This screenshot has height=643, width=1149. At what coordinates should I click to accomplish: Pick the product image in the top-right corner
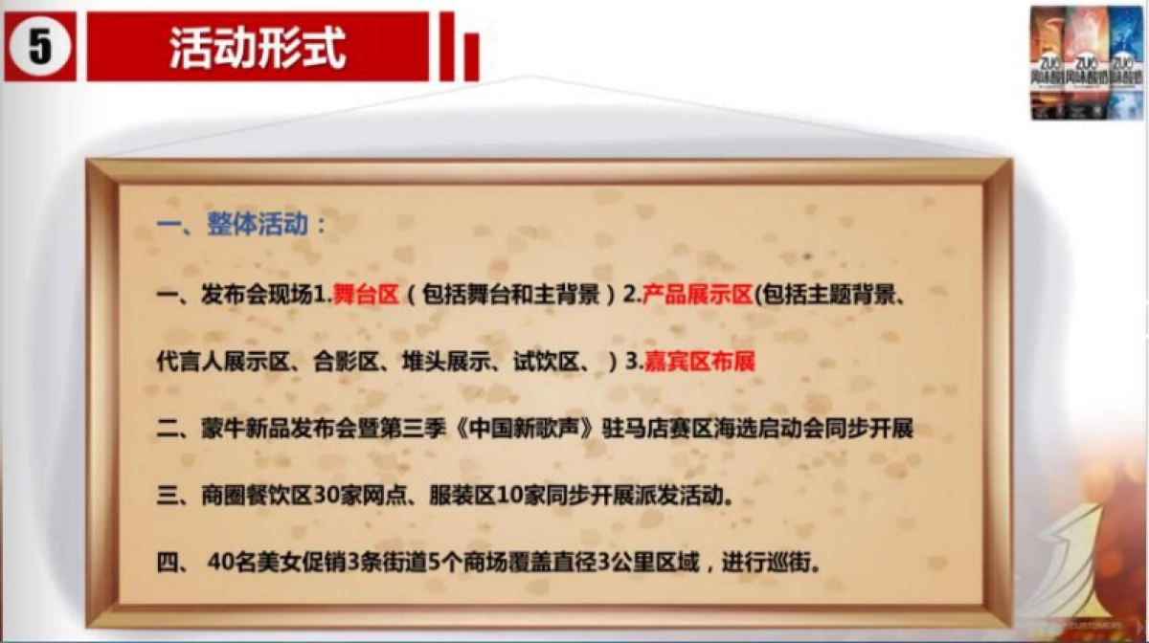[x=1087, y=62]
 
